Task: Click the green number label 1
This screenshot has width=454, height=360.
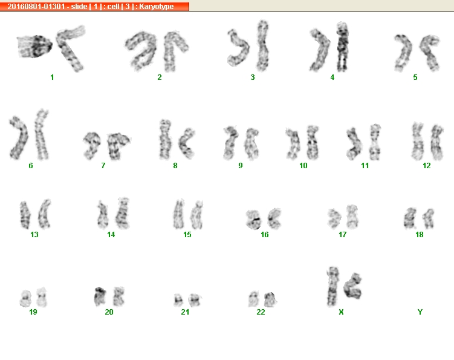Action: click(x=52, y=77)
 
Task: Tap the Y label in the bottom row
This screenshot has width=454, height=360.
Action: click(x=420, y=312)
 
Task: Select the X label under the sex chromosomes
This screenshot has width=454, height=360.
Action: click(x=341, y=312)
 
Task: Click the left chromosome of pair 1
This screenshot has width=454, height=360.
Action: click(x=34, y=47)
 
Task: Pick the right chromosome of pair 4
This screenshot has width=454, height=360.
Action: click(x=342, y=47)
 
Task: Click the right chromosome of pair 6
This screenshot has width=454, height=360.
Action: click(x=41, y=135)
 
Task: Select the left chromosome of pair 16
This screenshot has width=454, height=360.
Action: click(x=253, y=220)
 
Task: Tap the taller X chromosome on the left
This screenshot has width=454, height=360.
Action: click(x=332, y=287)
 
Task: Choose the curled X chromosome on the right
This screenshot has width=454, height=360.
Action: click(x=352, y=286)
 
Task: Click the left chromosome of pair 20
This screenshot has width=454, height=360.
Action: click(x=100, y=296)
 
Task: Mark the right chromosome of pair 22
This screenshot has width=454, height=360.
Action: click(x=270, y=299)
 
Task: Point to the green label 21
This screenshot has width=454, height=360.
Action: click(x=185, y=312)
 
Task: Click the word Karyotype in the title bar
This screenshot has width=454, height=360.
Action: click(x=157, y=7)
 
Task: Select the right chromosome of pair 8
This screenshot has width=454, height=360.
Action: click(x=186, y=143)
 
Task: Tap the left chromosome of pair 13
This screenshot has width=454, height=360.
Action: click(x=25, y=215)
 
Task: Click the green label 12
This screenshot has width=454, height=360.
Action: click(x=426, y=166)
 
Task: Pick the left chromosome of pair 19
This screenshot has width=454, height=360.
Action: click(x=25, y=298)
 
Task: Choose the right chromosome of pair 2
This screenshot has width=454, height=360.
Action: click(x=173, y=51)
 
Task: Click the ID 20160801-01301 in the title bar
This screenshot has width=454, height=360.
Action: click(x=36, y=7)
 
